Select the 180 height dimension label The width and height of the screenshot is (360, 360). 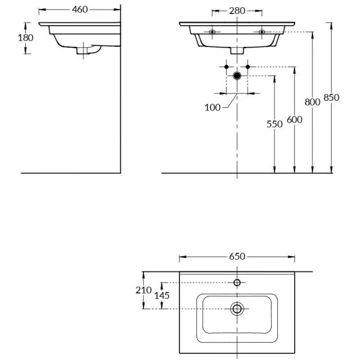26,37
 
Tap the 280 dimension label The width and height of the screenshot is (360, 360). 237,10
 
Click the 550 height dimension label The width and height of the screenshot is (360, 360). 274,124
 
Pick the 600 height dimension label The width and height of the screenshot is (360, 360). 294,119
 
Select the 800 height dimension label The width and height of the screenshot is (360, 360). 313,102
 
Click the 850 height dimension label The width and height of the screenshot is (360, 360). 331,97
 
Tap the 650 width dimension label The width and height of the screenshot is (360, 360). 238,256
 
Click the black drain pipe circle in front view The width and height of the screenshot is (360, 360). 238,76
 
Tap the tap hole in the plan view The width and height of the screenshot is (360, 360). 238,282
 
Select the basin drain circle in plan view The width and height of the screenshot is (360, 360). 238,309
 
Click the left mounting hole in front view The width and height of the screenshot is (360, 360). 212,31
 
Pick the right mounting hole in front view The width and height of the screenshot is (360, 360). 262,31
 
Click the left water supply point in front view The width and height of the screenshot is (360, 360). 227,65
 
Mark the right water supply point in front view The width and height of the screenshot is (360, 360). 248,65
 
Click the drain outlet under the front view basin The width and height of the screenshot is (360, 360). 238,51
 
